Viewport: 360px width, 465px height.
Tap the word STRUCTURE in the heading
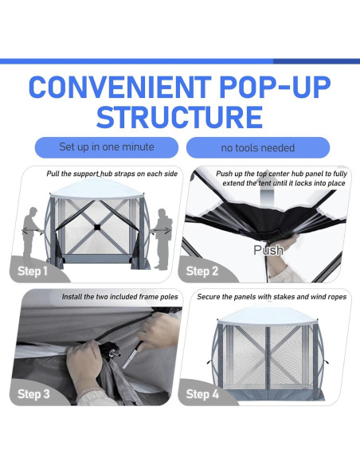[x=179, y=116]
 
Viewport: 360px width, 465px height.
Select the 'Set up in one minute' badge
[x=107, y=147]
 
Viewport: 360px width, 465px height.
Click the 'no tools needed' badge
[x=257, y=148]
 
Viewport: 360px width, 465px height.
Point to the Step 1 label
[x=33, y=271]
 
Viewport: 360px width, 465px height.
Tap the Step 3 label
[x=33, y=393]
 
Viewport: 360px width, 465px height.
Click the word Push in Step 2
[x=268, y=250]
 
